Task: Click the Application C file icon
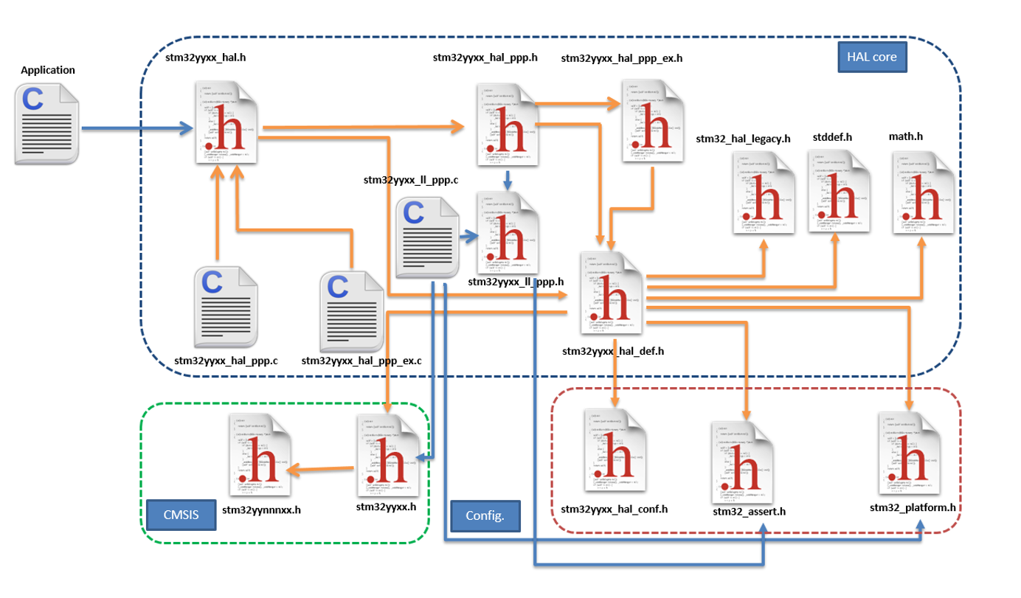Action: pos(46,123)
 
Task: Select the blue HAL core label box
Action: pos(872,57)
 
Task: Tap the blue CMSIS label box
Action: pos(181,515)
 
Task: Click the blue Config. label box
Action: pos(485,515)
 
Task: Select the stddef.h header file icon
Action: pos(839,192)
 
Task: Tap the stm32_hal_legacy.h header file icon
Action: pos(764,193)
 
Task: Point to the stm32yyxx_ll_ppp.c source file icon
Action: pos(427,238)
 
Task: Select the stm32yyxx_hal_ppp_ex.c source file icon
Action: pos(351,310)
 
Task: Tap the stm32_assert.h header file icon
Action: pos(742,462)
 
